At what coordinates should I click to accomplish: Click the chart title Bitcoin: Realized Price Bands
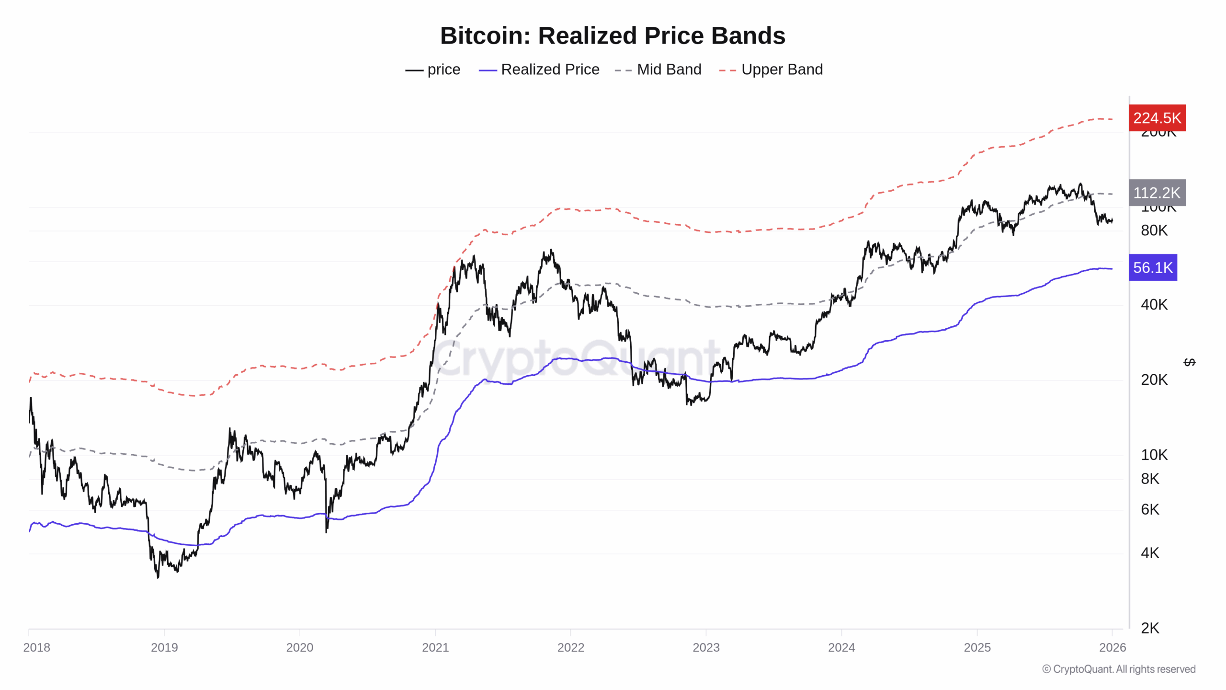point(613,36)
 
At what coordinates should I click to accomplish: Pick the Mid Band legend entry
point(658,69)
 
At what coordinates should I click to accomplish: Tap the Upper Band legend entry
point(771,69)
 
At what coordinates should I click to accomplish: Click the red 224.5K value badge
point(1157,118)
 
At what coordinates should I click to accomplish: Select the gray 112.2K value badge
point(1157,193)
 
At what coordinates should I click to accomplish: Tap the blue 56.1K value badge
point(1152,267)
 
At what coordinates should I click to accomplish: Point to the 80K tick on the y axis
point(1154,230)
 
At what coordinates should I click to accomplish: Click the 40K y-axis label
point(1154,305)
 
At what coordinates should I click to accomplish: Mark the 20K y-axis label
point(1154,380)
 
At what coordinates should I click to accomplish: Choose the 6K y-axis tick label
point(1149,509)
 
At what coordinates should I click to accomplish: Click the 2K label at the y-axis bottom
point(1149,628)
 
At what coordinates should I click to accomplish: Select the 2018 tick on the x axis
point(36,647)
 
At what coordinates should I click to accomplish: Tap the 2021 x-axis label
point(435,647)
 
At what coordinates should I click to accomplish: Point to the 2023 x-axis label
point(706,647)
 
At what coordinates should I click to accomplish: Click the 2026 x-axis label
point(1112,647)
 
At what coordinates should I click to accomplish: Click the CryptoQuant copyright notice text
point(1118,669)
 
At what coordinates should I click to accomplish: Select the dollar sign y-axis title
point(1189,362)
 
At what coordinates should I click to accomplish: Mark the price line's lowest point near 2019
point(158,577)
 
